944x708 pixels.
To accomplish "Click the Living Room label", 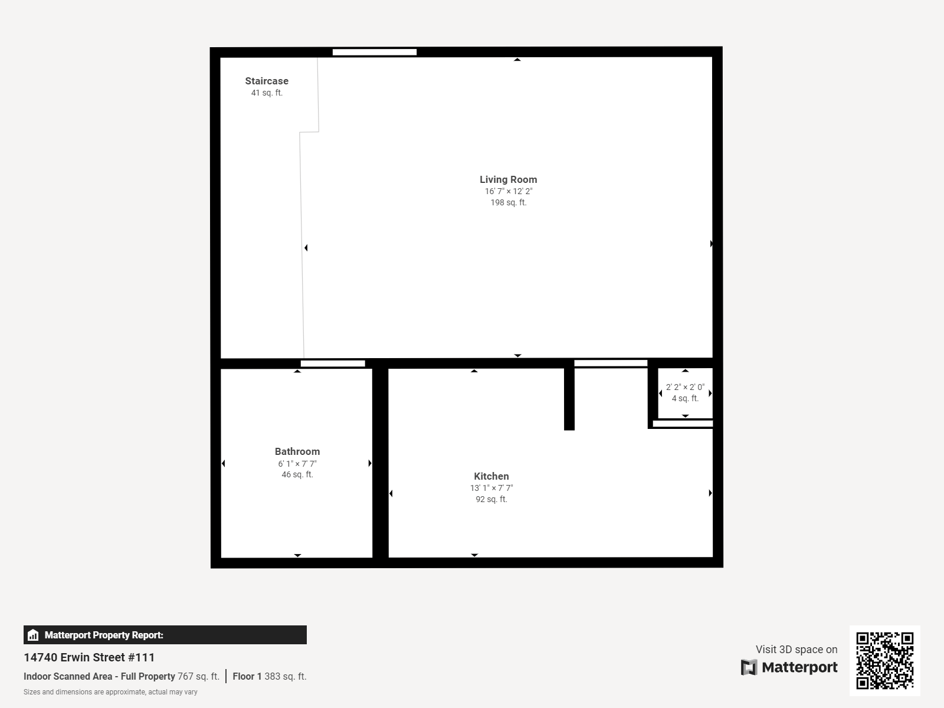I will (508, 179).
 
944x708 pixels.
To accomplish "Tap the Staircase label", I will (267, 81).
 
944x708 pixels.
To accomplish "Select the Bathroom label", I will (297, 451).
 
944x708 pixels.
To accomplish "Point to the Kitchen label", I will (491, 476).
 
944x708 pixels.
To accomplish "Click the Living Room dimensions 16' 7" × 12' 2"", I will (508, 191).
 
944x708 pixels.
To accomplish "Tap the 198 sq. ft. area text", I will (508, 202).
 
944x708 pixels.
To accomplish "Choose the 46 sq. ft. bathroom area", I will (297, 474).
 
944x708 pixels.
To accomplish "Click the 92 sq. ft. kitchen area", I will (491, 499).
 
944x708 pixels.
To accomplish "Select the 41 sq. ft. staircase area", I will (267, 93).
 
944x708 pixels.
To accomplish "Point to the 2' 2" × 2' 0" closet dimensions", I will (685, 387).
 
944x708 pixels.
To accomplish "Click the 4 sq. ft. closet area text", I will (685, 398).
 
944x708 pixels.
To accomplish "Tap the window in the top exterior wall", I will (375, 52).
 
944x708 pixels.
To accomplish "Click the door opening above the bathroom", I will (333, 363).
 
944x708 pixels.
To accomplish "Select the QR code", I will (884, 660).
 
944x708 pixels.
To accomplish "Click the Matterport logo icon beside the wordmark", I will (749, 667).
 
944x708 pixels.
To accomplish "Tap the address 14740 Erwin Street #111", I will (89, 657).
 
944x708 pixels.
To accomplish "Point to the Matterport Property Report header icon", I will (33, 635).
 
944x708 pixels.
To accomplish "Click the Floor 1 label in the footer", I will (247, 676).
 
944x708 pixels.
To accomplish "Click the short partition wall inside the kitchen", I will (569, 399).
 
